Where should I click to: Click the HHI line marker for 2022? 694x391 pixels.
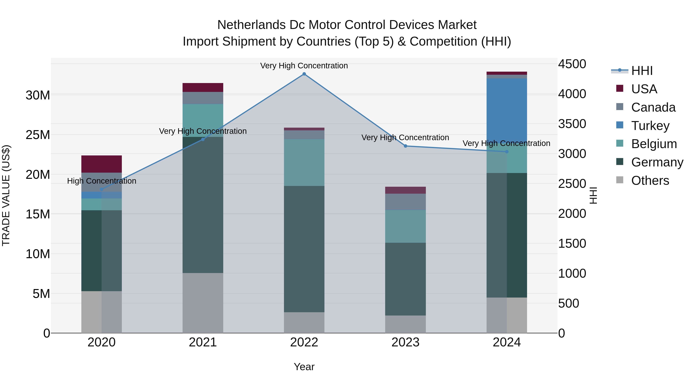tap(304, 74)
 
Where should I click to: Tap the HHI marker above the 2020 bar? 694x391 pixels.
tap(102, 189)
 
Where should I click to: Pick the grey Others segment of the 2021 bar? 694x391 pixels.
tap(203, 303)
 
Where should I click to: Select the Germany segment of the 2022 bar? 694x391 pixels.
tap(304, 249)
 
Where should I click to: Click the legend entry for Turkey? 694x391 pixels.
tap(650, 126)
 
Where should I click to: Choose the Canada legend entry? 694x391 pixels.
tap(653, 107)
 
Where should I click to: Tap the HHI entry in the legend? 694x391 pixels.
tap(642, 71)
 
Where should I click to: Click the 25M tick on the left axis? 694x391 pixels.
tap(38, 135)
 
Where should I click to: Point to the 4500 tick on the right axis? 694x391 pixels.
tap(572, 64)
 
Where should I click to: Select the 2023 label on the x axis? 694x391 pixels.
tap(405, 342)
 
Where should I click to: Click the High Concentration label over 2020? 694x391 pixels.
tap(102, 181)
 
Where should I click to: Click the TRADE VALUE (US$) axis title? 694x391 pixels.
tap(6, 195)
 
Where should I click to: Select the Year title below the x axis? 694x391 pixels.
tap(304, 367)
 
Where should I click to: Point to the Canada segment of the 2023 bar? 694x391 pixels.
tap(405, 202)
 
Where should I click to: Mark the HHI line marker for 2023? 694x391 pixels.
tap(405, 146)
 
